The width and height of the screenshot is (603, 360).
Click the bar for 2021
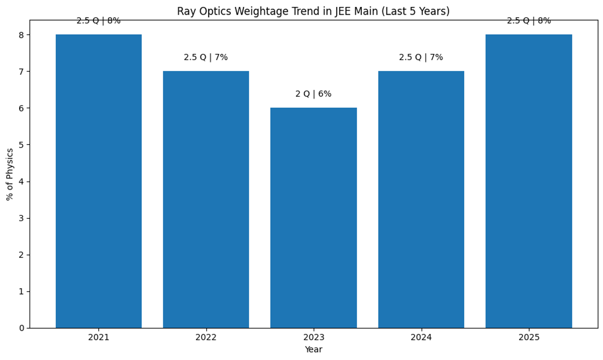pos(98,181)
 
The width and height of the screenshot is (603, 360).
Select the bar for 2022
pos(206,200)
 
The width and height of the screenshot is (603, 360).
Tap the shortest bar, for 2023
pos(314,218)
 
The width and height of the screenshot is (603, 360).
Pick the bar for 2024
pos(421,200)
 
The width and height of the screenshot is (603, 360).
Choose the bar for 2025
pos(529,181)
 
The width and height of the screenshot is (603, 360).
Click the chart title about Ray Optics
pos(313,11)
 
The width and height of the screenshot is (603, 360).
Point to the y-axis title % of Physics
pos(10,174)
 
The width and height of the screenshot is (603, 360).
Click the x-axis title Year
pos(314,349)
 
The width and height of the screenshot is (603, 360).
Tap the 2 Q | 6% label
pos(314,94)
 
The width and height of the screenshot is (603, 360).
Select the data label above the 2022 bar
pos(206,57)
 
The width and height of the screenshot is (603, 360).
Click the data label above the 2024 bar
pos(421,57)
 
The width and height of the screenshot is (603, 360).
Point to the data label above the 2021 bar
pos(98,21)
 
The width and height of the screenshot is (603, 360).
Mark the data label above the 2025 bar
pos(529,21)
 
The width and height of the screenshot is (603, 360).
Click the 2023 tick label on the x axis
pos(314,337)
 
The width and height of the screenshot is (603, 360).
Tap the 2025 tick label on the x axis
pos(529,337)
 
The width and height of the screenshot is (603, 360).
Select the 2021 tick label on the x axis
pos(98,337)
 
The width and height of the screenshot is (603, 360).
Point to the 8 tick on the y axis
pos(22,35)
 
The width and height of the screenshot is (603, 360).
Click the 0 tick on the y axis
pos(22,328)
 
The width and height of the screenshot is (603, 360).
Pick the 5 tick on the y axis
pos(22,145)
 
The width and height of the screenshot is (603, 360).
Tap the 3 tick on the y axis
pos(22,218)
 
